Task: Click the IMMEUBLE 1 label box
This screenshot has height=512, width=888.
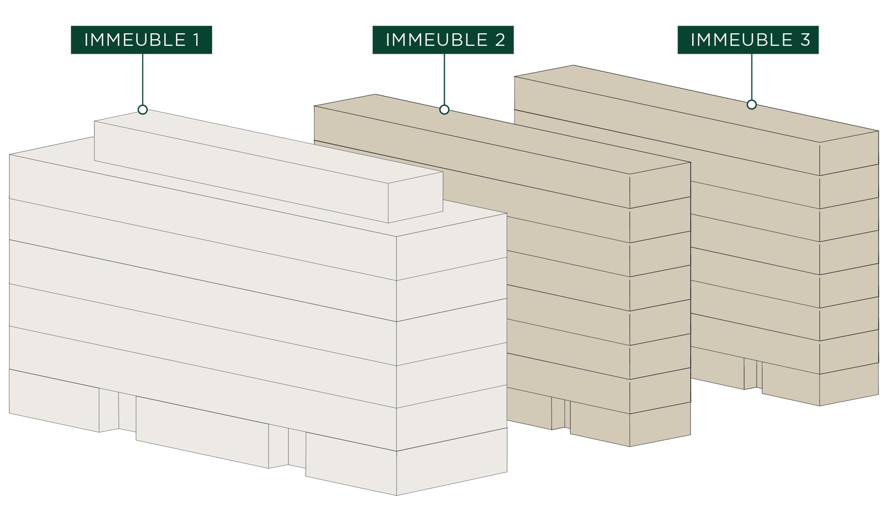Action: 141,40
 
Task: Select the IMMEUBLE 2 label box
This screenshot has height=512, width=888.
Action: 443,40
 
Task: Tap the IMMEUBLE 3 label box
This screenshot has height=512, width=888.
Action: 748,40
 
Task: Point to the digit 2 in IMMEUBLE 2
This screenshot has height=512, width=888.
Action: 499,40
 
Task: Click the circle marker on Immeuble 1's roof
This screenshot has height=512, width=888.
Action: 142,110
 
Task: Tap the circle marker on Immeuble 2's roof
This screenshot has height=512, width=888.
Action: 444,110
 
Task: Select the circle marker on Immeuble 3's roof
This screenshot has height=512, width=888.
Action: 752,105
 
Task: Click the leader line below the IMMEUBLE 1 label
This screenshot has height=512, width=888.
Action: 142,79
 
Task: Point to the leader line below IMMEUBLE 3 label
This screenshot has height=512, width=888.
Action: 752,77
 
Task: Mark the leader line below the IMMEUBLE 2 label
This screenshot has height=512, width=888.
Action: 444,79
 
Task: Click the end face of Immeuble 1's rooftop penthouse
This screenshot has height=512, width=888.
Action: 415,198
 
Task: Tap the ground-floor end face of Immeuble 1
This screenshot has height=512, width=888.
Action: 452,462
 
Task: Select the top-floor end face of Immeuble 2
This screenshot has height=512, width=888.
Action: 660,185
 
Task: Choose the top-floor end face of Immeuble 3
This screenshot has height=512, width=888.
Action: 849,153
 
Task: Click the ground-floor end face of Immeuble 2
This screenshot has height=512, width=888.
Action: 660,425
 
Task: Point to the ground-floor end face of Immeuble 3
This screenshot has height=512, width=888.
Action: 849,385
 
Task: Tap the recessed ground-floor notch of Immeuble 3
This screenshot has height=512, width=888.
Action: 753,373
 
